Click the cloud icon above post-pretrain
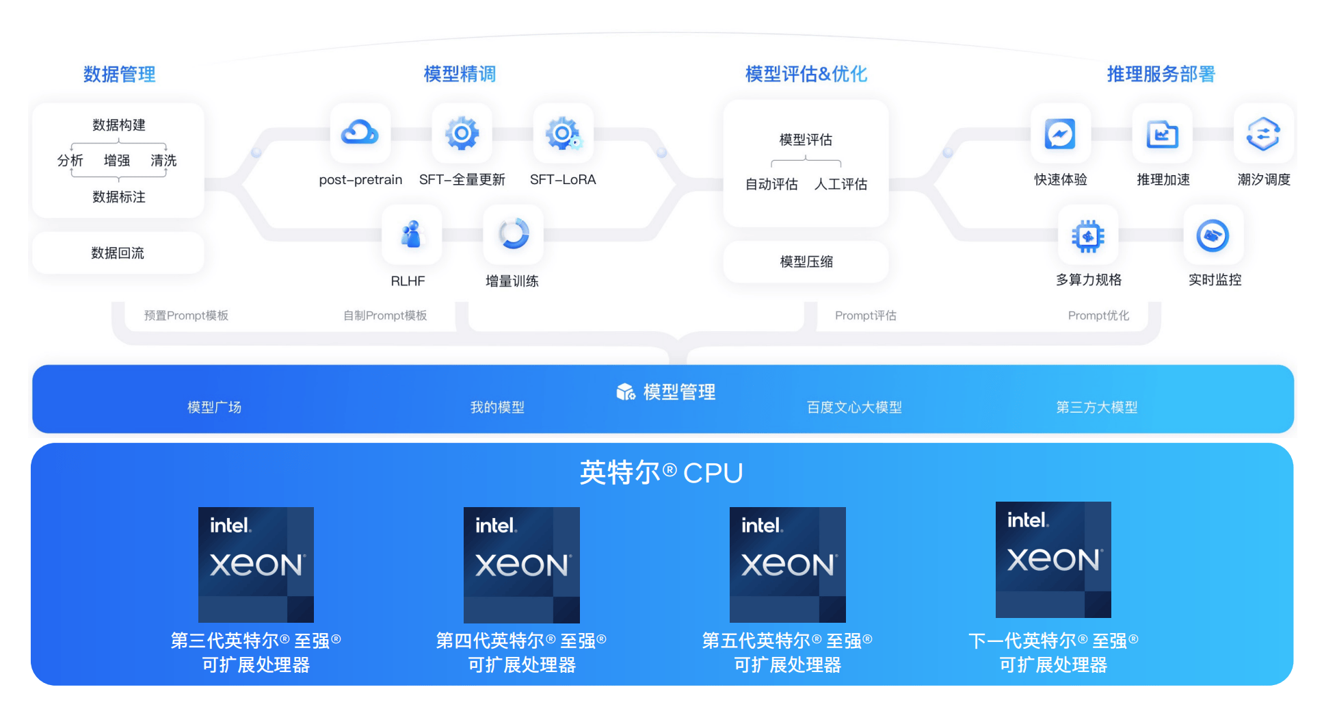[360, 133]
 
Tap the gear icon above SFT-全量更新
[462, 133]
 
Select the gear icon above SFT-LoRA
[563, 133]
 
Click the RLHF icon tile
[411, 235]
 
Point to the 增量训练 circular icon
[513, 235]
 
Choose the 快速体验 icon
[1060, 133]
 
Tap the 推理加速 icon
[1162, 133]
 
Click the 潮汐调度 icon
[1263, 133]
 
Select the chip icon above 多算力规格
[1088, 236]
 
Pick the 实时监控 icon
[1213, 236]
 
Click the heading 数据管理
[119, 74]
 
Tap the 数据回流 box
[118, 253]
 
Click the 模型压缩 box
[806, 261]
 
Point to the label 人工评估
[840, 184]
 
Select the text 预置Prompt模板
[186, 315]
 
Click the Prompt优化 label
[1098, 315]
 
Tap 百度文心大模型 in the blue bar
[854, 407]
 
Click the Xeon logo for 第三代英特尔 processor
[256, 565]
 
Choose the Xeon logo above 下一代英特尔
[1053, 560]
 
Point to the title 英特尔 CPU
[661, 472]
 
